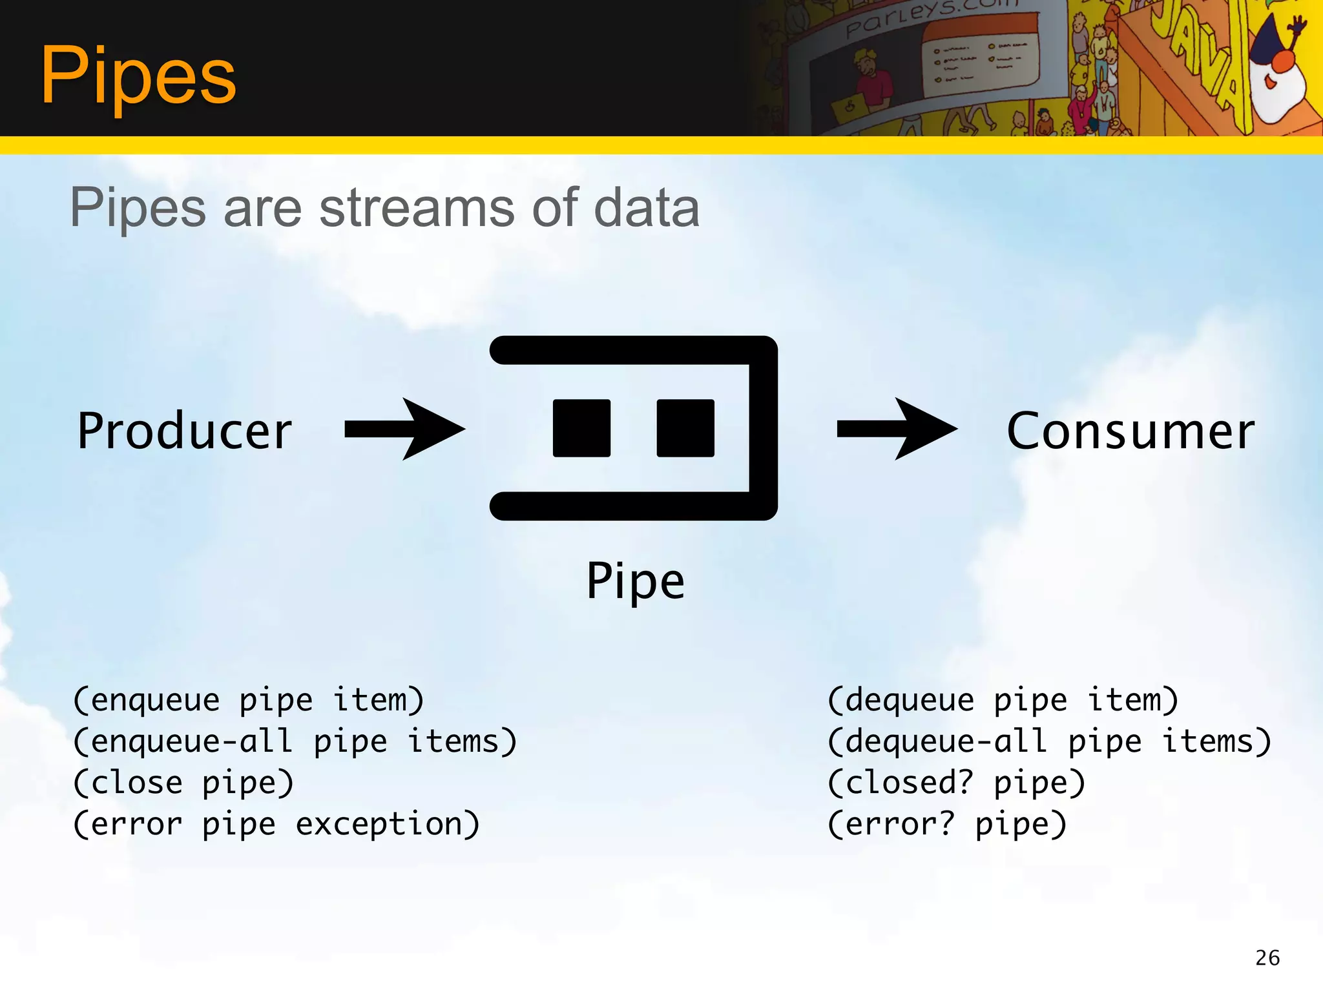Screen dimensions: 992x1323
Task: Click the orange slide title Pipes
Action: (138, 76)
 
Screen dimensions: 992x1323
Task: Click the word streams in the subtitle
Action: (417, 208)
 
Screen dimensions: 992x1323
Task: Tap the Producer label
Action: (185, 431)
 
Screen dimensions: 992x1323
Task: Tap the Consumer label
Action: (1130, 431)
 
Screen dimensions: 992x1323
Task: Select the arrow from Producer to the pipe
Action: (404, 429)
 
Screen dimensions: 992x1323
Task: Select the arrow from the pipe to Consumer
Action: (897, 429)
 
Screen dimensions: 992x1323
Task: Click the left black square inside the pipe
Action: (581, 428)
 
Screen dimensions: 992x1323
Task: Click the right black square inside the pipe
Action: (685, 428)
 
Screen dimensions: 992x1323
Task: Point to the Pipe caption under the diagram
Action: (635, 581)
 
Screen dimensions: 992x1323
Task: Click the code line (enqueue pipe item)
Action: (249, 701)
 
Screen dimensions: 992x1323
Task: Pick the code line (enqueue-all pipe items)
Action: (295, 742)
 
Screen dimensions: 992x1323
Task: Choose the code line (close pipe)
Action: (184, 783)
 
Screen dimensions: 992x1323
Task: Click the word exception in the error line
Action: (388, 825)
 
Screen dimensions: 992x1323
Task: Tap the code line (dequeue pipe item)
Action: (1003, 701)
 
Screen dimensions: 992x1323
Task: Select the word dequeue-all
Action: (937, 742)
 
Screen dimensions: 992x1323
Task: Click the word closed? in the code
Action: (900, 783)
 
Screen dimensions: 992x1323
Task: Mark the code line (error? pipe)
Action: (947, 825)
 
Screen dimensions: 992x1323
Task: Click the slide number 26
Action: (1267, 958)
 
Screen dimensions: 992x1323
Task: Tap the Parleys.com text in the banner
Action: (930, 16)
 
